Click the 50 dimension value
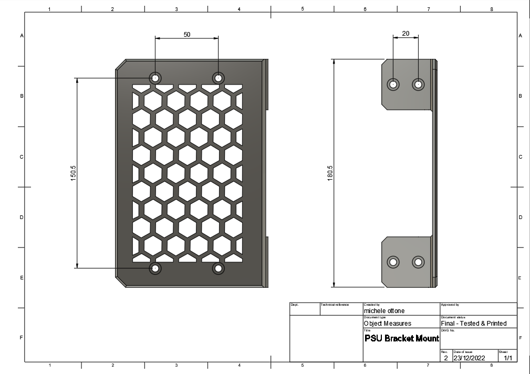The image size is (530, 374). (x=187, y=34)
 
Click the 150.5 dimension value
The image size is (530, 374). (x=74, y=173)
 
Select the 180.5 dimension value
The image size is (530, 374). (x=330, y=173)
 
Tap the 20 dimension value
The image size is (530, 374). (x=406, y=33)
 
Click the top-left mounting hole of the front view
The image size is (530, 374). (x=155, y=78)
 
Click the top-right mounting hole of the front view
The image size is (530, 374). (x=218, y=78)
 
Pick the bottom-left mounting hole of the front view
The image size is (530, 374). (x=155, y=268)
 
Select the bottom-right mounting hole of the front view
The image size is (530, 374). (x=218, y=268)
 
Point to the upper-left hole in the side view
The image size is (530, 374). (x=393, y=84)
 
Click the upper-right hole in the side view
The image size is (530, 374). (x=418, y=84)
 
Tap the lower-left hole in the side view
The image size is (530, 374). (x=393, y=262)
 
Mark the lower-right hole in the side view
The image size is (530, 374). (x=418, y=262)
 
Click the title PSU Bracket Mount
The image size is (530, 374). (x=401, y=338)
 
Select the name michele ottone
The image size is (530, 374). (x=384, y=311)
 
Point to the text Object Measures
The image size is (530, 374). (x=388, y=324)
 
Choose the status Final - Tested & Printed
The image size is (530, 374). (x=474, y=324)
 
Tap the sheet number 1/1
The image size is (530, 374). (x=508, y=358)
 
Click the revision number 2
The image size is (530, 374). (x=446, y=358)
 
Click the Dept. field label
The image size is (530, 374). (x=295, y=305)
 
